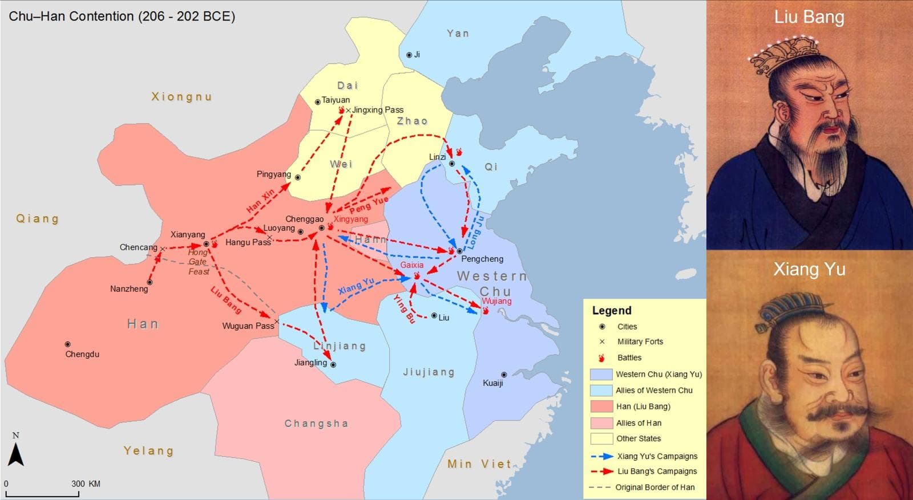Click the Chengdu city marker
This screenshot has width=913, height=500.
tap(67, 344)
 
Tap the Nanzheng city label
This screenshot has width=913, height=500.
tap(129, 289)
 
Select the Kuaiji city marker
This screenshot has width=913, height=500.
tap(504, 375)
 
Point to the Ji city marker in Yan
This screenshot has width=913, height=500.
tap(409, 55)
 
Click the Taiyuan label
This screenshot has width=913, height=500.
tap(336, 100)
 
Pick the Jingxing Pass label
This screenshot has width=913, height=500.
tap(378, 109)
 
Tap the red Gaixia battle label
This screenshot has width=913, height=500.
tap(411, 265)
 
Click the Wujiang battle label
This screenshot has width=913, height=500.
tap(496, 301)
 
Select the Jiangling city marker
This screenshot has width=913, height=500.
tap(333, 364)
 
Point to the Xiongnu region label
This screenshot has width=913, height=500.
tap(181, 97)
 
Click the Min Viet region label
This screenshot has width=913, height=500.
tap(479, 464)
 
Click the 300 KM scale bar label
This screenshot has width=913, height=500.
tap(86, 483)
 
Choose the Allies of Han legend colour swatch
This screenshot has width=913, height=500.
tap(601, 423)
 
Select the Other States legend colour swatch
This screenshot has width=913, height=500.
tap(601, 438)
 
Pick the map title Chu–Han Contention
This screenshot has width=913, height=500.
tap(122, 16)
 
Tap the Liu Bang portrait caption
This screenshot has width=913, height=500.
tap(809, 17)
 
